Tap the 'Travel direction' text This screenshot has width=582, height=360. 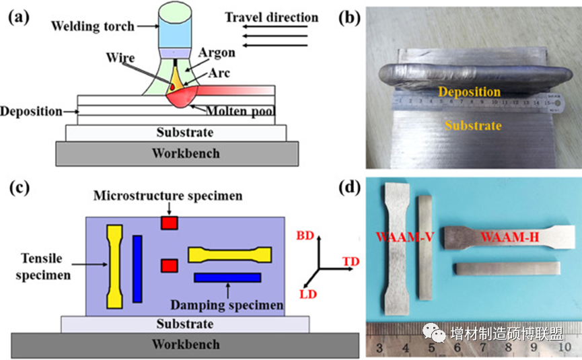[x=271, y=16]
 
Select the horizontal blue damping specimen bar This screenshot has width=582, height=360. [x=227, y=277]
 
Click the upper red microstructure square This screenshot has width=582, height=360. [x=168, y=223]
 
